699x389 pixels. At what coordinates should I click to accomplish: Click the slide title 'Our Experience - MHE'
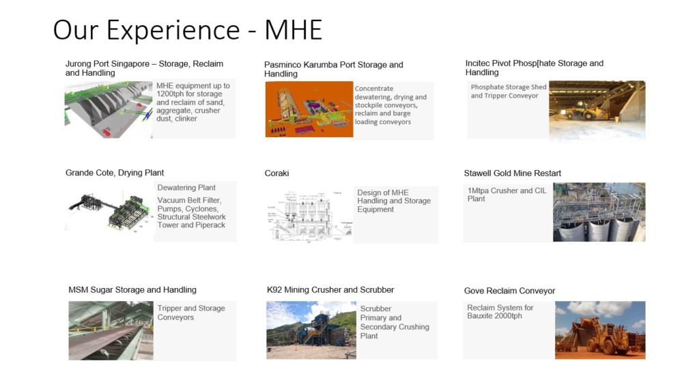click(x=187, y=30)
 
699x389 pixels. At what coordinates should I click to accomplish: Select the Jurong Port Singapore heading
click(x=144, y=68)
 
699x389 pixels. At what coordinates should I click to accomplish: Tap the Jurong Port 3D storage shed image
click(x=108, y=109)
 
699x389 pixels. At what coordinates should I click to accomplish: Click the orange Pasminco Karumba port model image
click(x=309, y=109)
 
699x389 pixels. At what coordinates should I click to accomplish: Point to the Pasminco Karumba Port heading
click(x=333, y=69)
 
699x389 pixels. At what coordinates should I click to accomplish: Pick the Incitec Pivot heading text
click(x=534, y=68)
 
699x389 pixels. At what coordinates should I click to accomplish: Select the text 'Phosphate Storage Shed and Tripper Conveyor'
click(x=509, y=91)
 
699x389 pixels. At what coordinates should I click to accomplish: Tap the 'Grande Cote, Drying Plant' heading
click(x=115, y=173)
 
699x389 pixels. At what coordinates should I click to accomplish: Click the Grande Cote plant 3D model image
click(x=109, y=211)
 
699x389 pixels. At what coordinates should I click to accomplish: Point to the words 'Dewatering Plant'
click(x=186, y=188)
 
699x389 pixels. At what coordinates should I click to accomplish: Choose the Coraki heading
click(x=277, y=173)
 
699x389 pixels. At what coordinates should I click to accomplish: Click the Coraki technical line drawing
click(x=308, y=213)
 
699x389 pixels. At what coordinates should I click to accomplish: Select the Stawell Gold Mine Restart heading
click(x=512, y=173)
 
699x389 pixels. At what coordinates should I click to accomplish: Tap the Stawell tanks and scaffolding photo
click(x=599, y=212)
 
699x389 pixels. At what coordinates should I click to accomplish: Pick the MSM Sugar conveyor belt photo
click(x=110, y=330)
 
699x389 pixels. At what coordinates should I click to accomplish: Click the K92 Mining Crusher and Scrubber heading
click(x=330, y=290)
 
